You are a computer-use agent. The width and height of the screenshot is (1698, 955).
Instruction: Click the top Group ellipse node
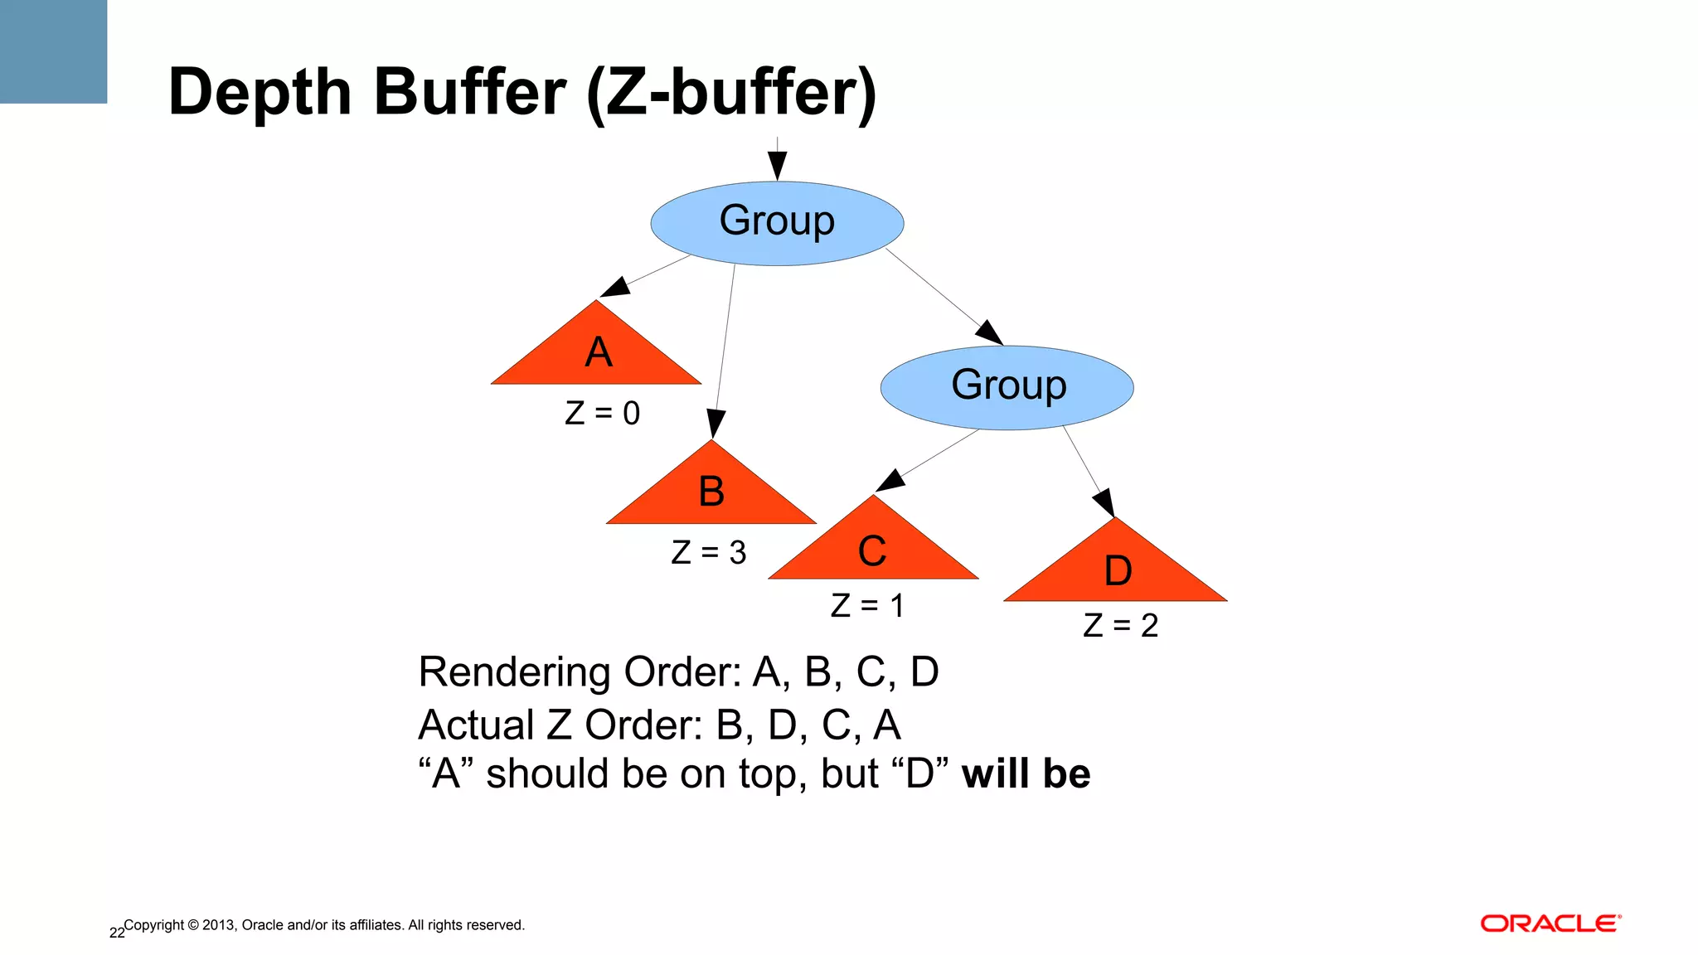pos(777,223)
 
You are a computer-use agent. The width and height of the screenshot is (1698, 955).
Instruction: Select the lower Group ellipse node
pos(1007,387)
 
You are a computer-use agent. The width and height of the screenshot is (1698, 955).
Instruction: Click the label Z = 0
pos(602,413)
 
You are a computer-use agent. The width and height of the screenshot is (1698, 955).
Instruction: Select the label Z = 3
pos(708,552)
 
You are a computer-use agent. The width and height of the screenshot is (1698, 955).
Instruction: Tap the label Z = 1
pos(866,605)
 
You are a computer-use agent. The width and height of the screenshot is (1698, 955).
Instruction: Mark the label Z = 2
pos(1120,625)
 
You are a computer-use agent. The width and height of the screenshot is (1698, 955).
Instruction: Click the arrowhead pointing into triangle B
pos(716,424)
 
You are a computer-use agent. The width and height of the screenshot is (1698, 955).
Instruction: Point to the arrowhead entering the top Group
pos(777,166)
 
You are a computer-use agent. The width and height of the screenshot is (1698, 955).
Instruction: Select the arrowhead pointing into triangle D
pos(1104,502)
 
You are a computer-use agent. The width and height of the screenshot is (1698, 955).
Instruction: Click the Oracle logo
pos(1550,923)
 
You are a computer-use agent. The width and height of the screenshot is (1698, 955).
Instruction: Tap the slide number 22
pos(117,933)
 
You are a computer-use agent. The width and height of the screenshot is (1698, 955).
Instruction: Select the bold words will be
pos(1026,773)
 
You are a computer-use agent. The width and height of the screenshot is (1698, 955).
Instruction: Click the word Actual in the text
pos(477,725)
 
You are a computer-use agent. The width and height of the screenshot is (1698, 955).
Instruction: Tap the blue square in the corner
pos(53,51)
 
